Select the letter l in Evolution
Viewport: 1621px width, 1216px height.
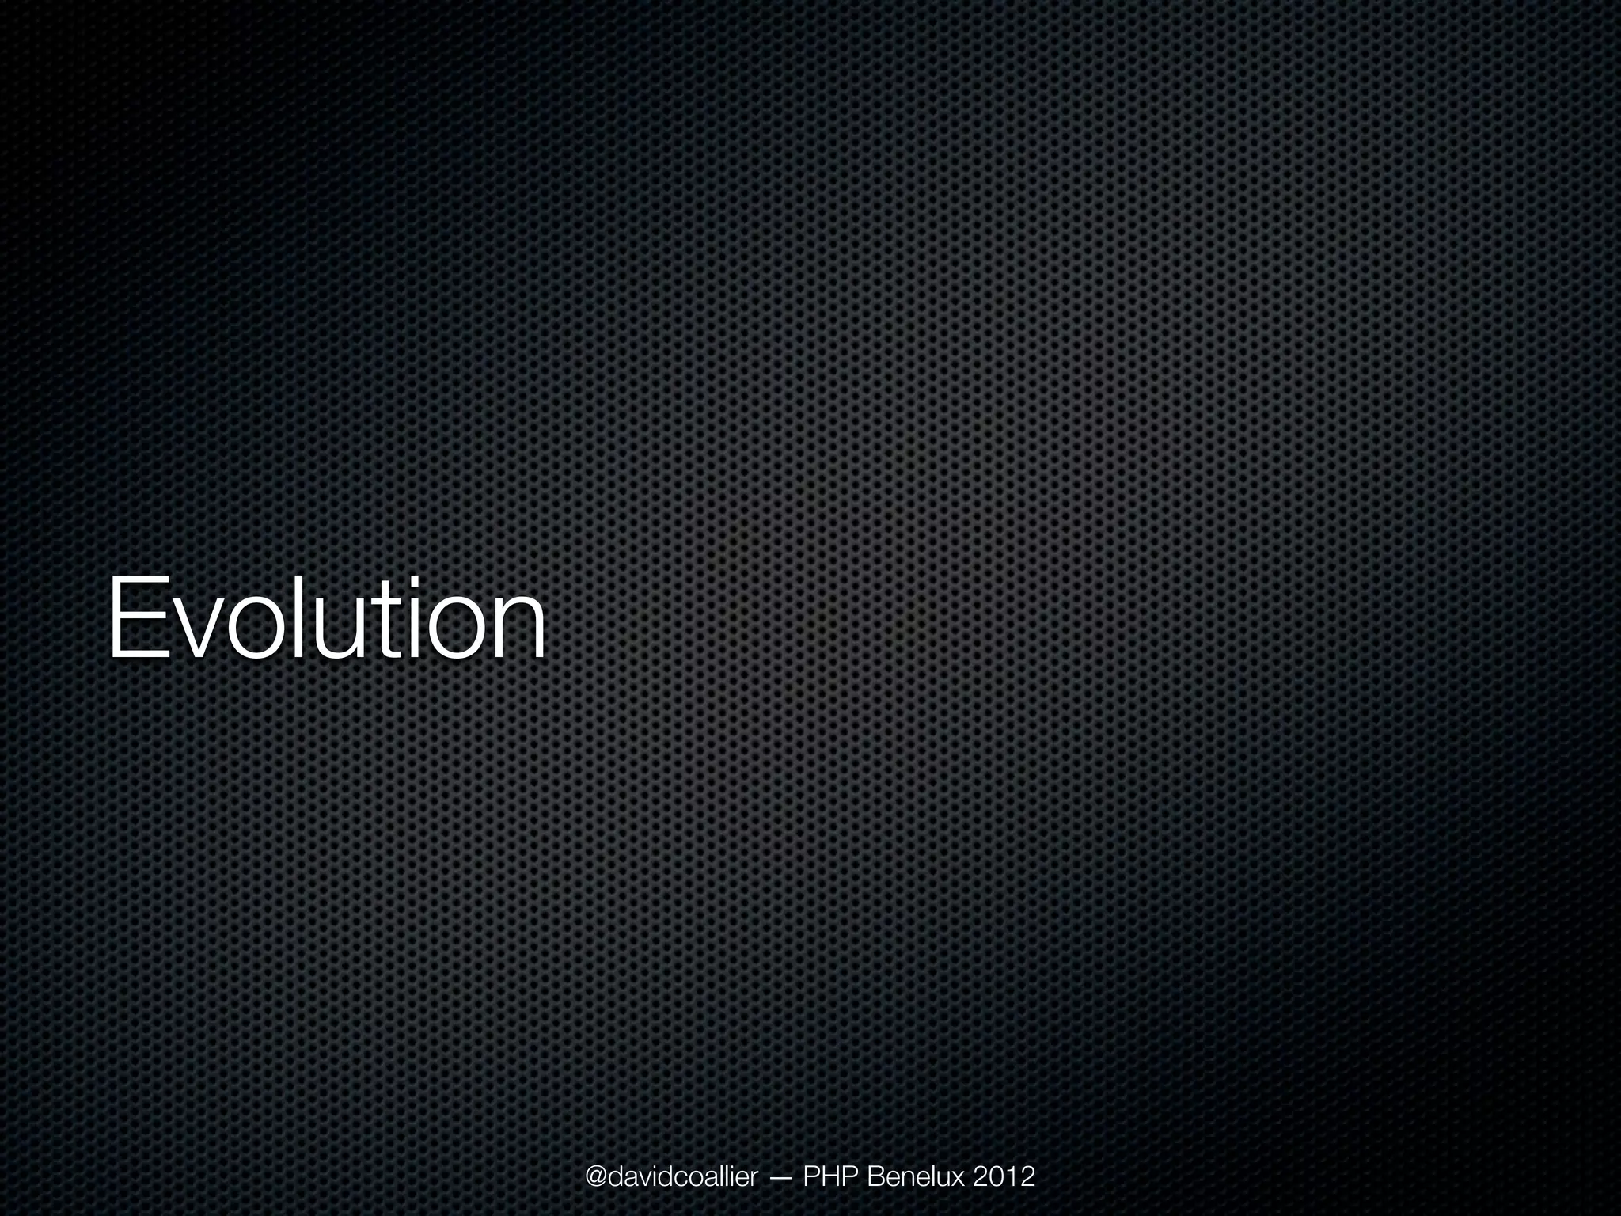coord(298,614)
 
